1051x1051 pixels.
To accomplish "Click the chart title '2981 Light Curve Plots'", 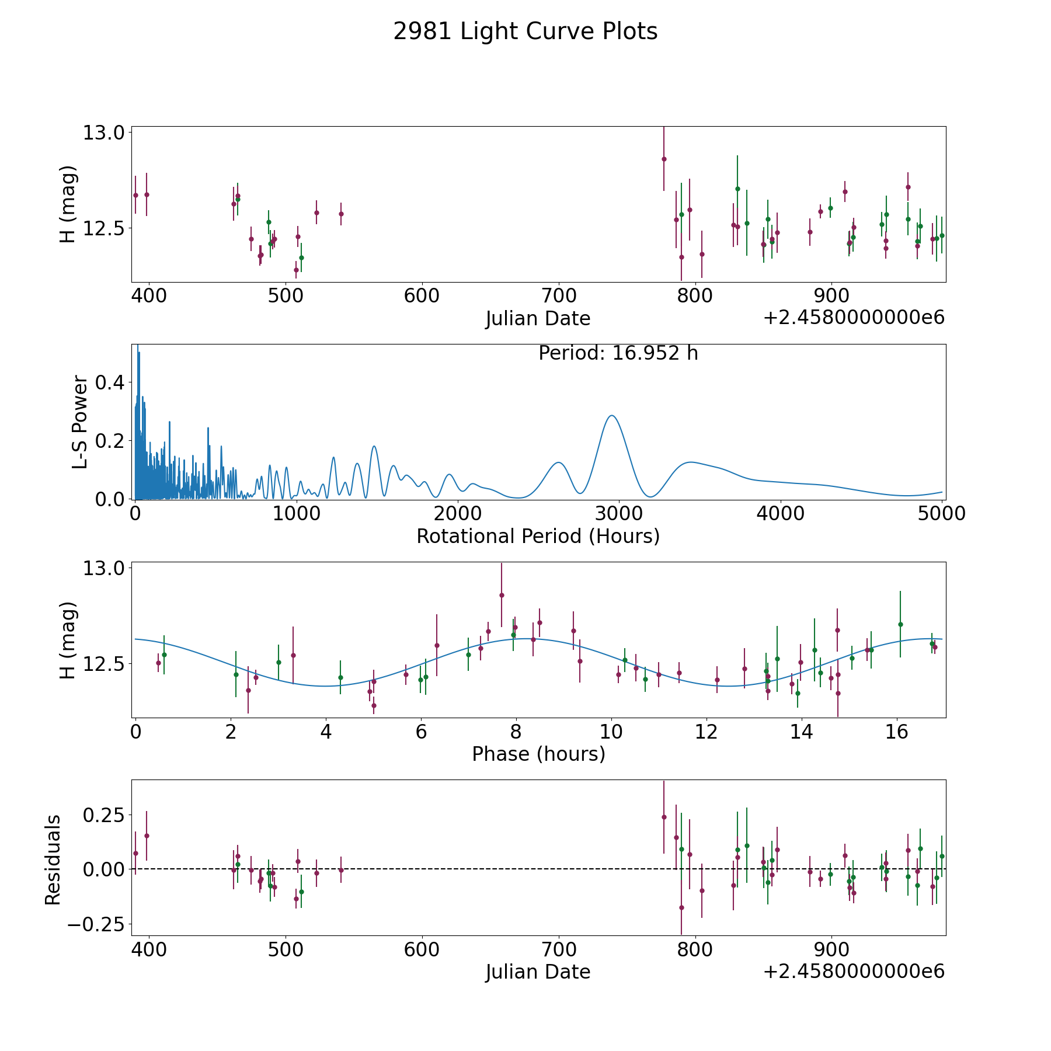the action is [525, 32].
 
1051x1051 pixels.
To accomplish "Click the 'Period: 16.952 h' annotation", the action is [618, 353].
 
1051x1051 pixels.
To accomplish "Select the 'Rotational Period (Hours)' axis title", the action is [538, 536].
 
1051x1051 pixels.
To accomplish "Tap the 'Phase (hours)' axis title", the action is [538, 754].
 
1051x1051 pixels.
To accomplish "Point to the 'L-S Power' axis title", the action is [81, 422].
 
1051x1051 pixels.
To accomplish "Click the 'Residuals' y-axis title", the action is [53, 859].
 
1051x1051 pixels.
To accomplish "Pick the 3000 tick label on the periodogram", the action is [618, 513].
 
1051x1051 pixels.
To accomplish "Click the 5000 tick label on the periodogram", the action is [941, 513].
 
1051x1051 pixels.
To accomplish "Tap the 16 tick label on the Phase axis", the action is [896, 731].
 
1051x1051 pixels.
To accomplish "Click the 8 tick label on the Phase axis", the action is [516, 731].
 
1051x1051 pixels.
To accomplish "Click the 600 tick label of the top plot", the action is [422, 295].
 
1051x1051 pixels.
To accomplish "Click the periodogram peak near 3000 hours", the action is [611, 415].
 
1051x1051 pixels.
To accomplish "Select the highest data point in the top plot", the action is [664, 159].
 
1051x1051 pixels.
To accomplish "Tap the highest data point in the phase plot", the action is [502, 595].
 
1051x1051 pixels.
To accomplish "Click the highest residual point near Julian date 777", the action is [664, 817].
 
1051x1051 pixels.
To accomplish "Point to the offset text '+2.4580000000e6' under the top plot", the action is [854, 318].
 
